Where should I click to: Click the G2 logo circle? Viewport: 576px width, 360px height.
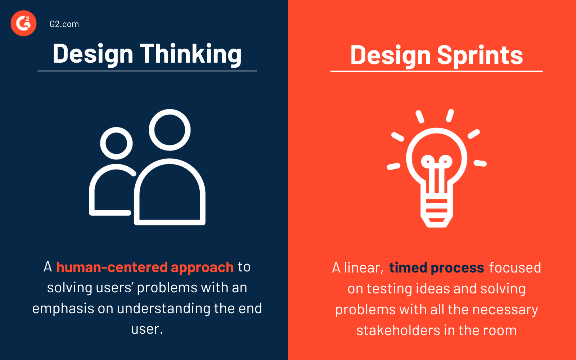click(x=23, y=23)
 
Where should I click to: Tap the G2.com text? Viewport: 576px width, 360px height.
click(x=64, y=24)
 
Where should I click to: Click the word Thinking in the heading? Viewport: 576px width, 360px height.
click(x=190, y=54)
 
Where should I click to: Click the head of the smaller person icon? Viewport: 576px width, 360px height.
click(x=116, y=143)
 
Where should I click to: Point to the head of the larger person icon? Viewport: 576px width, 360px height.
click(x=170, y=130)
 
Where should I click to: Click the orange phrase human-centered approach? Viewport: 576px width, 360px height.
click(x=145, y=267)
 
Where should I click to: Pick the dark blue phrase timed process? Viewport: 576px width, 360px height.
click(x=436, y=268)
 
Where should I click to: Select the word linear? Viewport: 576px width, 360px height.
click(x=363, y=268)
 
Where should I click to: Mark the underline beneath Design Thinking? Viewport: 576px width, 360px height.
click(x=147, y=71)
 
